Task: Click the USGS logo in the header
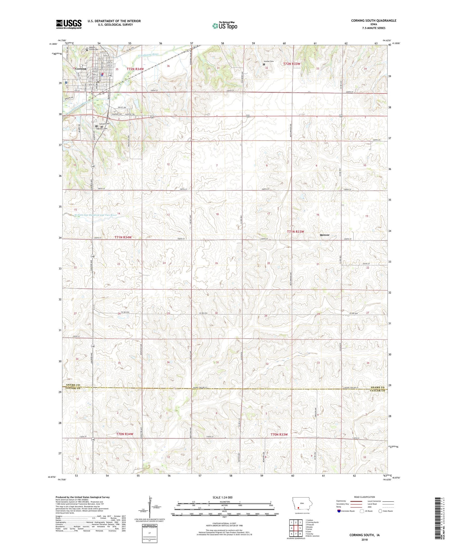(69, 24)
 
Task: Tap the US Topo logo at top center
(225, 26)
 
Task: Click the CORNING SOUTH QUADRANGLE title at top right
(373, 21)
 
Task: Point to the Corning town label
(80, 68)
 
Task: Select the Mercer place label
(324, 235)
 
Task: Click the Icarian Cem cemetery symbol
(264, 65)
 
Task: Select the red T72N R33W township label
(292, 64)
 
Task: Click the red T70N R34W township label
(125, 434)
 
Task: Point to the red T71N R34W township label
(123, 237)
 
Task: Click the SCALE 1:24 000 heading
(222, 497)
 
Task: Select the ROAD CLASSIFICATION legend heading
(364, 497)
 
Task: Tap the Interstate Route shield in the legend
(339, 511)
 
